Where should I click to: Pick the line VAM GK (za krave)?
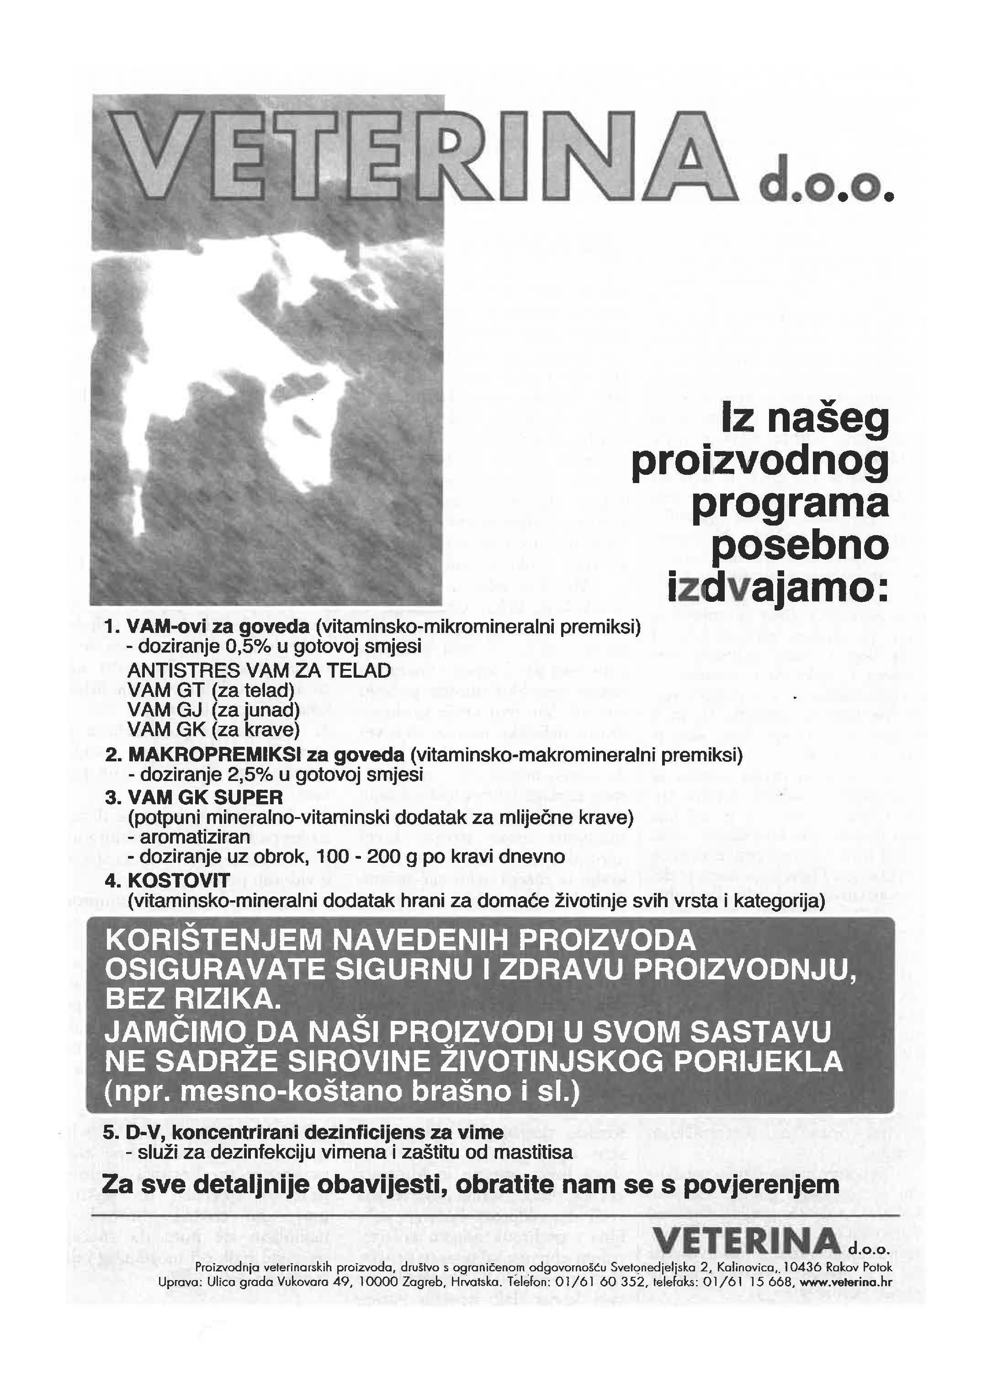pyautogui.click(x=213, y=730)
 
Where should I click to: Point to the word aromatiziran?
pyautogui.click(x=195, y=837)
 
